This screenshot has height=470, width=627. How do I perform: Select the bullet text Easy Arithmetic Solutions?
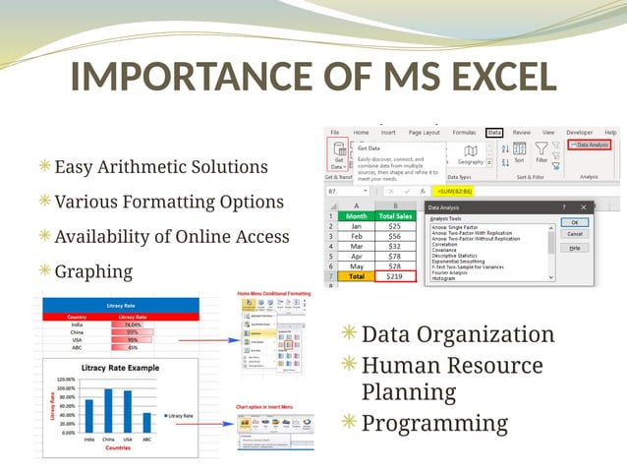point(160,168)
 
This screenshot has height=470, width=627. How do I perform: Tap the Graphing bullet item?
point(92,270)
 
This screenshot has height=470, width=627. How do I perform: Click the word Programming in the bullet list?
point(434,424)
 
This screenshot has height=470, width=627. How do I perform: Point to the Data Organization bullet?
point(457,334)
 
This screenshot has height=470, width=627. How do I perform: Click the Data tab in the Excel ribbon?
point(494,132)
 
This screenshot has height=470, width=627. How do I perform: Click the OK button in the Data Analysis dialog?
point(581,222)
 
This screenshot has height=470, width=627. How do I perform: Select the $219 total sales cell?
point(394,277)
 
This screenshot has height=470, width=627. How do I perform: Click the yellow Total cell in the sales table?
point(356,277)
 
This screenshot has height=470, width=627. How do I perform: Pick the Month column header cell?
point(356,214)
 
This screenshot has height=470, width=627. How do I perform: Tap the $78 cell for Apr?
point(394,253)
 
